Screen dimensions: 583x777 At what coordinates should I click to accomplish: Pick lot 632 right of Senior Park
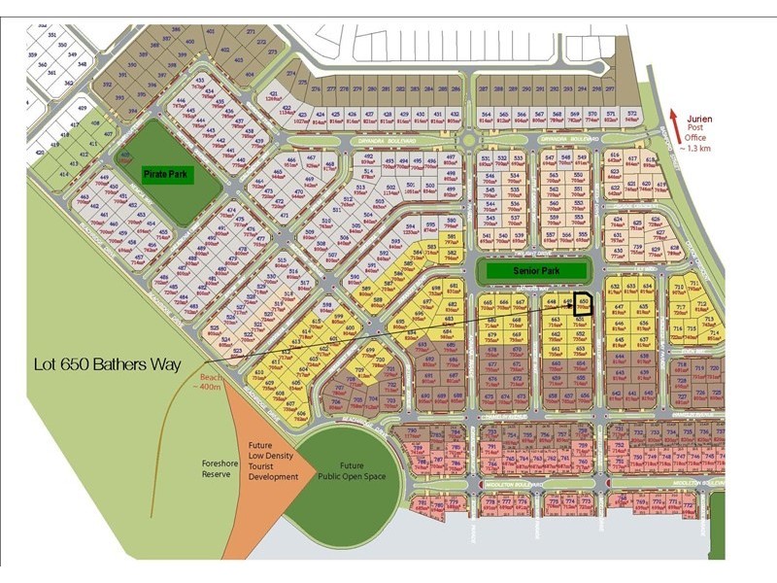click(x=615, y=288)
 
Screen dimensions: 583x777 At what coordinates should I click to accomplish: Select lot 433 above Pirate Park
click(x=201, y=81)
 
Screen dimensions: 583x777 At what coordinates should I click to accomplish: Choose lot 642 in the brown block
click(x=616, y=394)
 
